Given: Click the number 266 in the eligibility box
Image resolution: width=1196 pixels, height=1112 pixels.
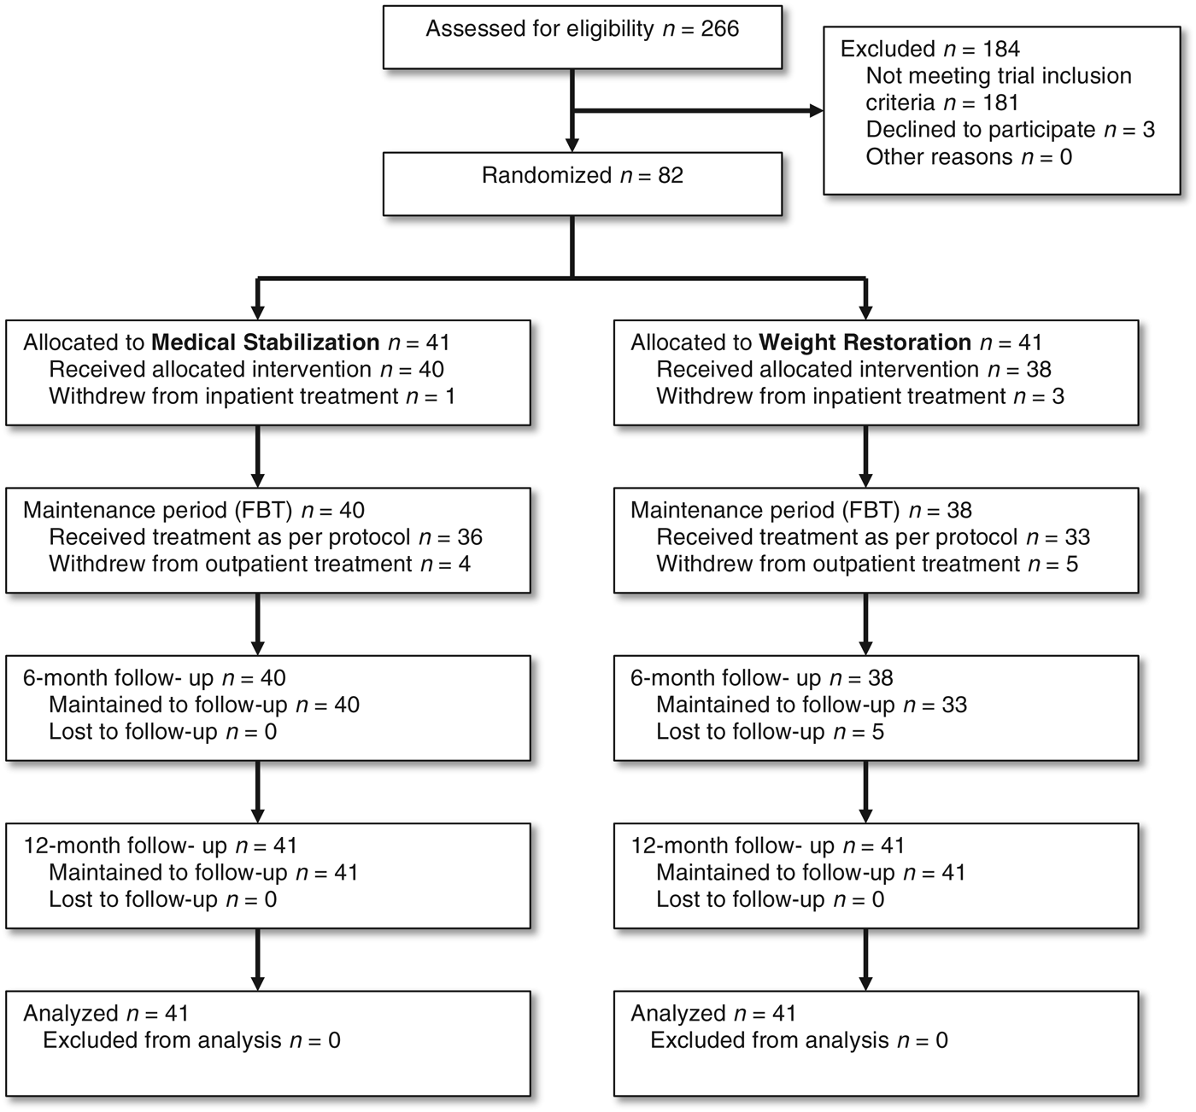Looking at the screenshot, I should tap(719, 29).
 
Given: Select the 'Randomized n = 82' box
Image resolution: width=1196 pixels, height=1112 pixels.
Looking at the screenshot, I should tap(582, 183).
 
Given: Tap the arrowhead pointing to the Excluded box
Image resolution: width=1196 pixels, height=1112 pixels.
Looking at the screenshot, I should tap(816, 111).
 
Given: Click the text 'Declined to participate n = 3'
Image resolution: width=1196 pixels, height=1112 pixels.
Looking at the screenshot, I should tap(1010, 130).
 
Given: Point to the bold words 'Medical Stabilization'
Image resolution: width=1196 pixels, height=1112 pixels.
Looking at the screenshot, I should tap(265, 342).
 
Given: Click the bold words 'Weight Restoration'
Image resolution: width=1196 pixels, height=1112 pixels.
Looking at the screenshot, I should tap(865, 342).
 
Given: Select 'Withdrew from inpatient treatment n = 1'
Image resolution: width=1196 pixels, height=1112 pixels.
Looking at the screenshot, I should tap(252, 396).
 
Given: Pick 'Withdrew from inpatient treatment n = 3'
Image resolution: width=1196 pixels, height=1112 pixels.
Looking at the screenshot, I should tap(860, 396).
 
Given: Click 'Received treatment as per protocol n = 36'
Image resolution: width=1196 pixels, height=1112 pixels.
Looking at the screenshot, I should tap(266, 537).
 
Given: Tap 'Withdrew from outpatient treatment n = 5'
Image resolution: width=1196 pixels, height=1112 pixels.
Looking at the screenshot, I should tap(867, 565).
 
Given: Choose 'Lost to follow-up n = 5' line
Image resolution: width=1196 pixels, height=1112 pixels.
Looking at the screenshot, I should tap(770, 732).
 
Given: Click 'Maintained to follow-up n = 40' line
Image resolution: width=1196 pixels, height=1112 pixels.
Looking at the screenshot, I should tap(204, 705).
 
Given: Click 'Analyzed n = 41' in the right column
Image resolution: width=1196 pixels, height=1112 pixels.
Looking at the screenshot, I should tap(713, 1014).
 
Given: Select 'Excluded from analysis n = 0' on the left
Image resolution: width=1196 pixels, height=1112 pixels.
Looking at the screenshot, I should tap(191, 1040).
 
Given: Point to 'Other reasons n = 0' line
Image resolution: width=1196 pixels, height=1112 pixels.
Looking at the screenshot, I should tap(969, 157).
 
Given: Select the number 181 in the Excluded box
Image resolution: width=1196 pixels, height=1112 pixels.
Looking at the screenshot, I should tap(1000, 103).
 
